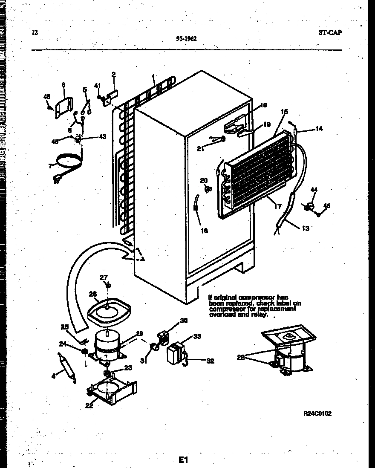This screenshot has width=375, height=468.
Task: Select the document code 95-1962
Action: point(186,38)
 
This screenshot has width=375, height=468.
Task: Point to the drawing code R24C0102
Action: point(317,413)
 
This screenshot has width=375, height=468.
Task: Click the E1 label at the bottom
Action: point(183,459)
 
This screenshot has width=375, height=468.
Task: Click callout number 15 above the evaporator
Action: point(284,112)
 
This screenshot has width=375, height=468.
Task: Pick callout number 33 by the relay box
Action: point(197,336)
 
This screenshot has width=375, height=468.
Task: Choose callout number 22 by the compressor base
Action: point(89,406)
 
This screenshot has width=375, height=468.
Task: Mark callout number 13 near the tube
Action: point(305,228)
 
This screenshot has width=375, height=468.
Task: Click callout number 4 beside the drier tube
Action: point(53,376)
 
